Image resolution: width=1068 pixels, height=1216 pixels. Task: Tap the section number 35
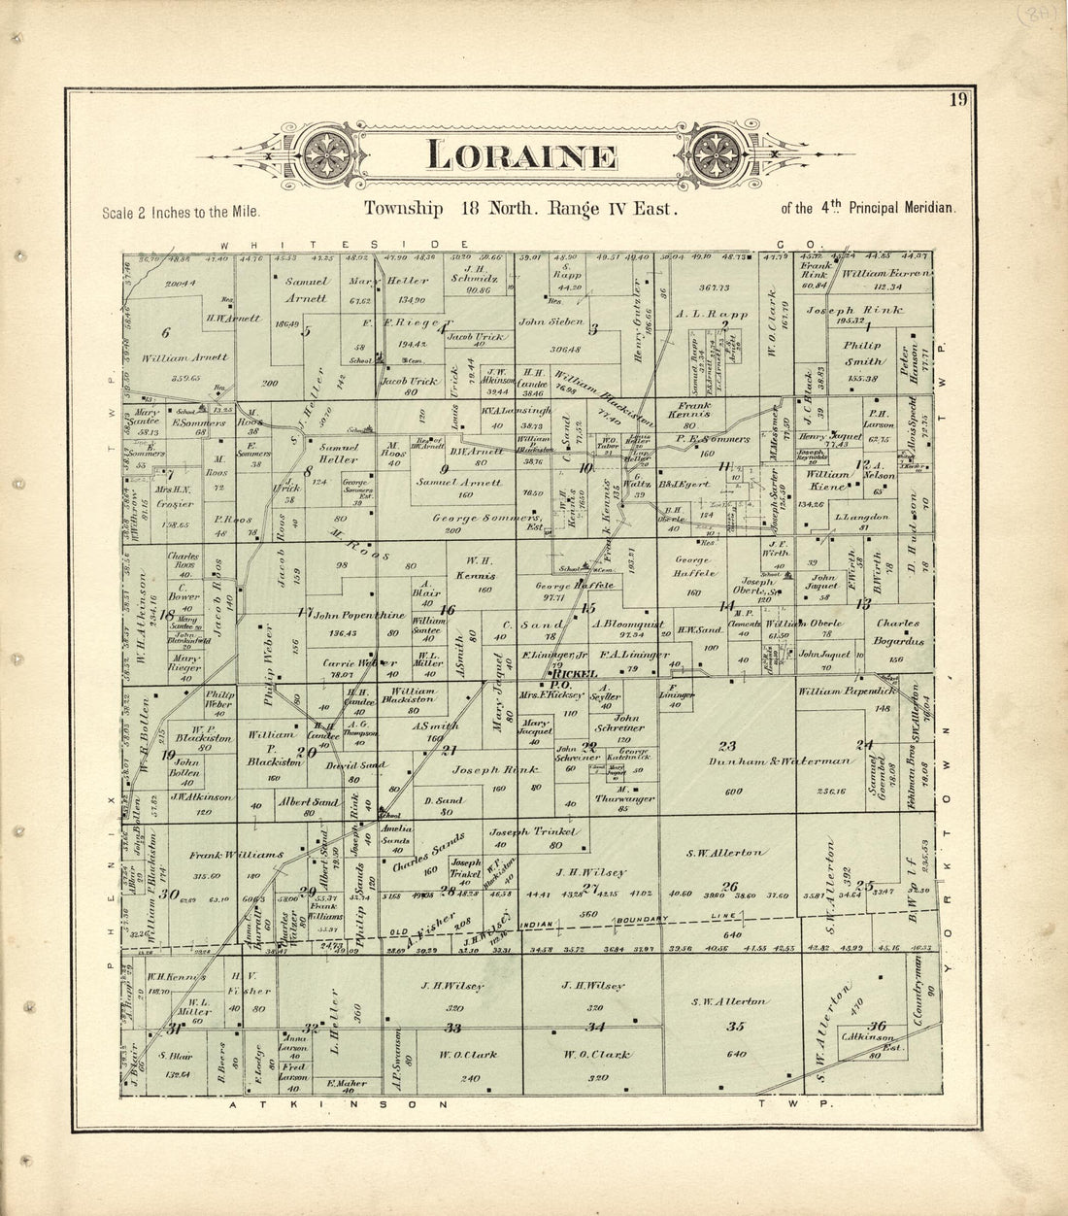tap(735, 1027)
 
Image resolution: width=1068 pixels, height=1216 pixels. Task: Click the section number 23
tap(726, 746)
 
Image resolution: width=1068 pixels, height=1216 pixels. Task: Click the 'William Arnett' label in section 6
tap(185, 356)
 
